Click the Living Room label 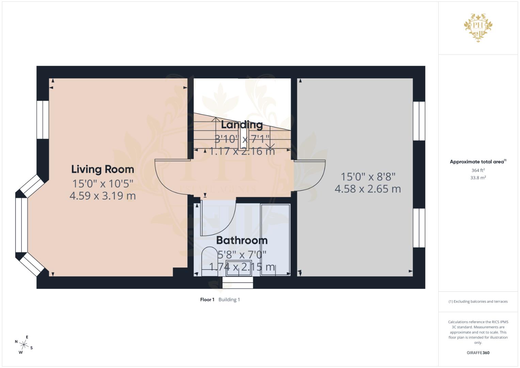point(103,169)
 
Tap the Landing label point(242,125)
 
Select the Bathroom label point(242,240)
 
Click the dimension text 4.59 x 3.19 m point(103,196)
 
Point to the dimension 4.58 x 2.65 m point(368,189)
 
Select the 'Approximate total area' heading point(477,162)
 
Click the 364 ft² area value point(478,170)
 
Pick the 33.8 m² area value point(478,178)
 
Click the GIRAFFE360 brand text point(478,353)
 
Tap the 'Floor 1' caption point(207,300)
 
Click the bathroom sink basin point(239,266)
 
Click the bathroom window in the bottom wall point(238,282)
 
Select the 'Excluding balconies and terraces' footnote point(478,302)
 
